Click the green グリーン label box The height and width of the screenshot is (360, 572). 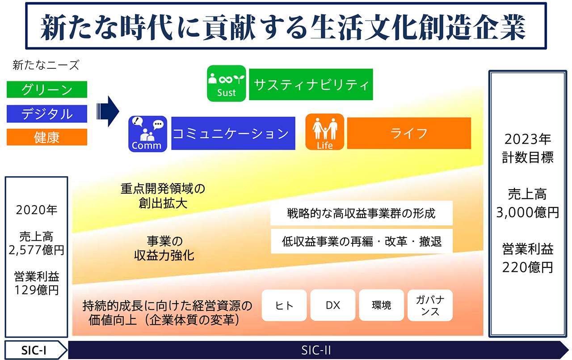pos(47,89)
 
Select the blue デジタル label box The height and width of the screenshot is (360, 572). pos(47,114)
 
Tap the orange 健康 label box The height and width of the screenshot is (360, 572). pos(47,137)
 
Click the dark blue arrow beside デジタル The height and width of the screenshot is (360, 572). pos(108,111)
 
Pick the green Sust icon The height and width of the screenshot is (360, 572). pos(227,83)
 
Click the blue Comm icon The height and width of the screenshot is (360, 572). pos(147,134)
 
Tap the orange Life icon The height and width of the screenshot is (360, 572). pos(324,132)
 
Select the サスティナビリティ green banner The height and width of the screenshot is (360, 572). pos(311,85)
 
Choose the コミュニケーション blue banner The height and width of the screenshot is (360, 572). pos(233,133)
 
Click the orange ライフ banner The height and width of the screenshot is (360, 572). pos(409,133)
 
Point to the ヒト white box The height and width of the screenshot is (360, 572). pos(284,305)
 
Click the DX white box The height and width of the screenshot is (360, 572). pos(333,305)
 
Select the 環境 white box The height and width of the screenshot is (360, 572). pos(381,305)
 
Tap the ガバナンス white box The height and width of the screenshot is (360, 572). pos(430,305)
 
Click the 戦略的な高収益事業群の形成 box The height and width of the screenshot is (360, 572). pos(362,213)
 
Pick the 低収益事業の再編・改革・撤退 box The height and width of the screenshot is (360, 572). pos(362,241)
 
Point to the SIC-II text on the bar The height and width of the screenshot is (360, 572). pos(316,350)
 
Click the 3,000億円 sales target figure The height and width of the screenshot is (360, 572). pos(528,212)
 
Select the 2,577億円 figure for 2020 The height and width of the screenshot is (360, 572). pos(36,250)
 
